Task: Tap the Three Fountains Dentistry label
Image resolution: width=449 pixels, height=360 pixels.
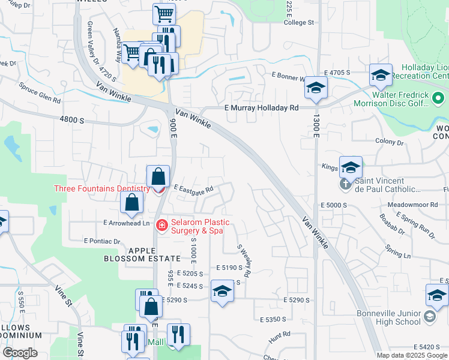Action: click(x=101, y=188)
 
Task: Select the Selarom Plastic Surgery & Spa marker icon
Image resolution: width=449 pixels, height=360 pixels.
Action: click(x=161, y=225)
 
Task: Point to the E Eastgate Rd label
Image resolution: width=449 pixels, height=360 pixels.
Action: click(x=194, y=189)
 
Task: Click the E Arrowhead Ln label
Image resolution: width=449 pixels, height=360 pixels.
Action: click(x=126, y=223)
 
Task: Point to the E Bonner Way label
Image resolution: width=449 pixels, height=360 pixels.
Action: click(x=290, y=76)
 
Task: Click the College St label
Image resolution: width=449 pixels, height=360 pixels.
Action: click(x=299, y=22)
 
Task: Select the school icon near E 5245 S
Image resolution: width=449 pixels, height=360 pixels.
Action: click(x=223, y=292)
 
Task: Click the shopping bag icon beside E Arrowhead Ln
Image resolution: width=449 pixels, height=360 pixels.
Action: click(x=131, y=203)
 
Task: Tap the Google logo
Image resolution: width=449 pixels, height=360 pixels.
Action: click(x=20, y=353)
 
